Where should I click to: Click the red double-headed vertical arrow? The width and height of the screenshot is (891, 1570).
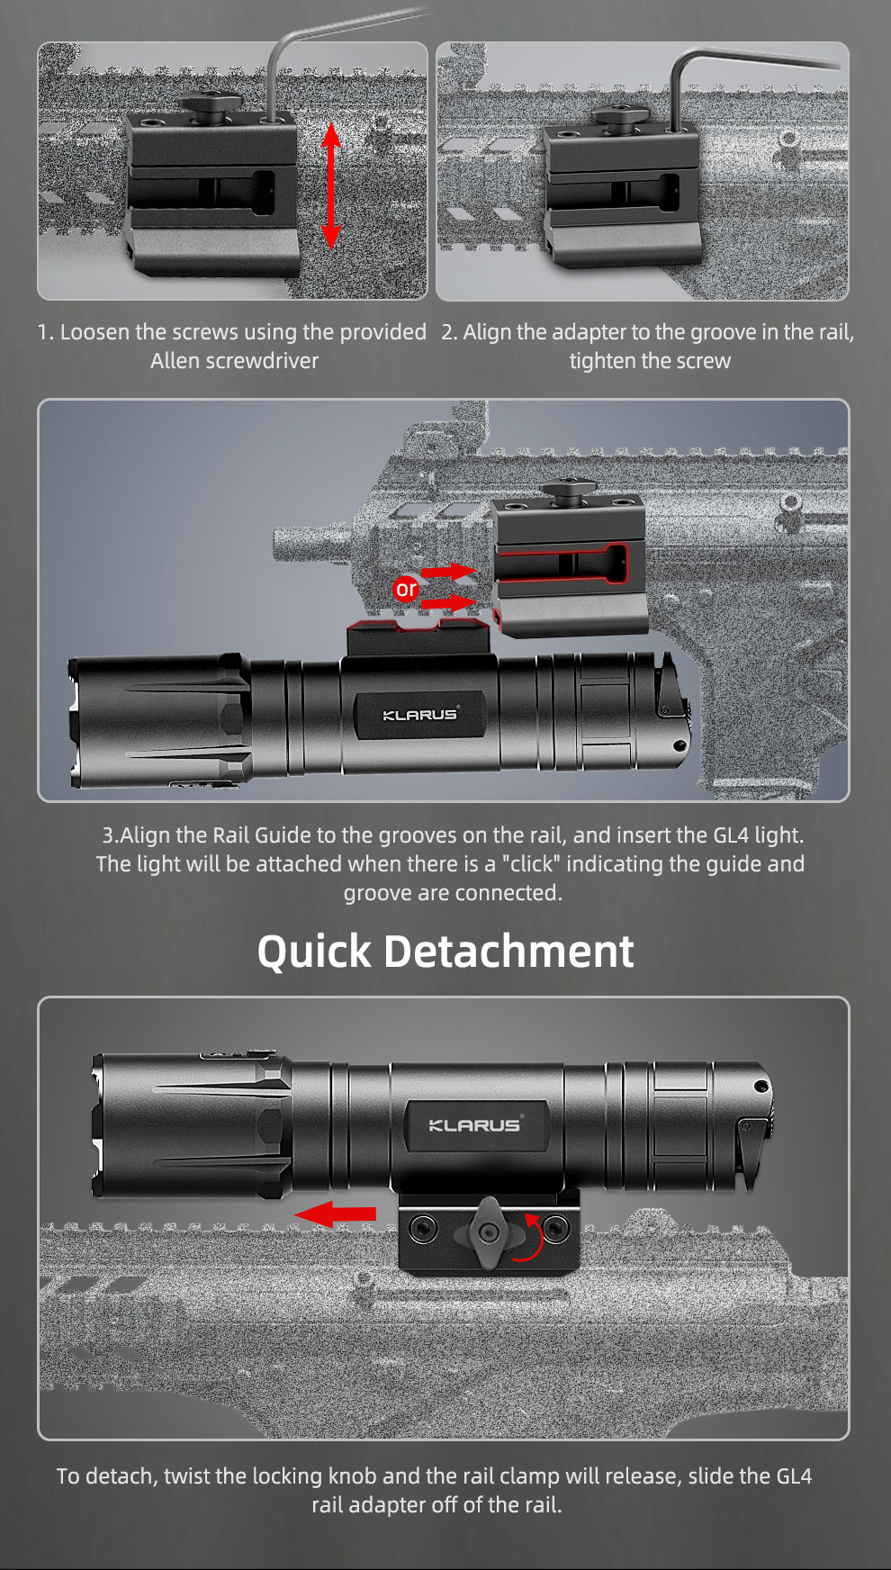[331, 185]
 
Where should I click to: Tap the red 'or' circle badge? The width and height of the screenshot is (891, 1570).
[406, 589]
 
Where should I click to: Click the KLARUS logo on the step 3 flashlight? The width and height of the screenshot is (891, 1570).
[420, 715]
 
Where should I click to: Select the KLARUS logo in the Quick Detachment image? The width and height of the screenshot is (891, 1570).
[474, 1124]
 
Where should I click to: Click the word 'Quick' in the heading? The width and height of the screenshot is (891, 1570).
[314, 952]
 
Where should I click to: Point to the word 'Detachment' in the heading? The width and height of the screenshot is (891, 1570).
[509, 952]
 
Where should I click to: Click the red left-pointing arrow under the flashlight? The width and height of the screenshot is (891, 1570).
[335, 1214]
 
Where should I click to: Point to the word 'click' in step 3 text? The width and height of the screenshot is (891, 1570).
[531, 864]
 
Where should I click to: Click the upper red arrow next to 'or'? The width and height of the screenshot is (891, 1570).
[448, 572]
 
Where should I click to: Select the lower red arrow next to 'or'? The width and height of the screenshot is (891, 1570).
[448, 602]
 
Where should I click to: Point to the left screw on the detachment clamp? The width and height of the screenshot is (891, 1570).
[423, 1225]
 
